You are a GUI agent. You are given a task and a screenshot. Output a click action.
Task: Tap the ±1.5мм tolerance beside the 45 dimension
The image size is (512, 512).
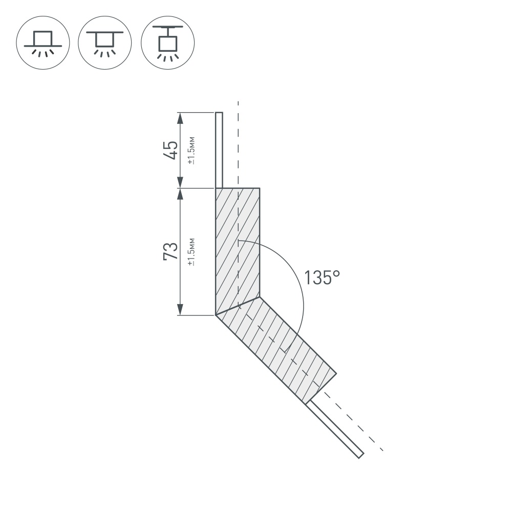tap(191, 151)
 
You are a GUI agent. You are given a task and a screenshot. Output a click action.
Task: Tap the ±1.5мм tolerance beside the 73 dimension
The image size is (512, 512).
tap(191, 252)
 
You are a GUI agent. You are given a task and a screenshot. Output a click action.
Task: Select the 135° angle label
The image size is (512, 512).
tap(322, 278)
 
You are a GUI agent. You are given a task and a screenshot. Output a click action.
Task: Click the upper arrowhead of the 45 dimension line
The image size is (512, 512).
tap(180, 118)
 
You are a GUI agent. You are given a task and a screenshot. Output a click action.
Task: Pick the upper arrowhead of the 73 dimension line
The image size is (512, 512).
tap(180, 194)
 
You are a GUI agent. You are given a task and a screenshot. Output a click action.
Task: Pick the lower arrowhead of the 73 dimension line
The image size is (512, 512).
tap(180, 310)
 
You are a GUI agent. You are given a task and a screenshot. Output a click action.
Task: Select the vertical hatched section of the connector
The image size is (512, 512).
tap(238, 246)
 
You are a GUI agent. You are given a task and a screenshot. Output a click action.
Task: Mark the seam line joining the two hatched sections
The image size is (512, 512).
tap(238, 306)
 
